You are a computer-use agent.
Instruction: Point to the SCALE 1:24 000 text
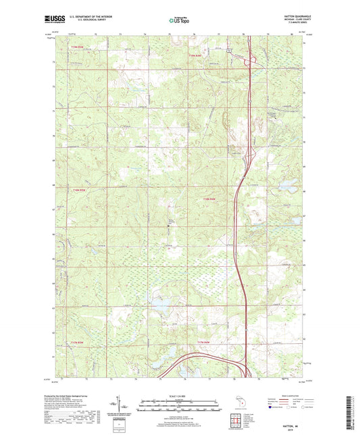tap(180, 396)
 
